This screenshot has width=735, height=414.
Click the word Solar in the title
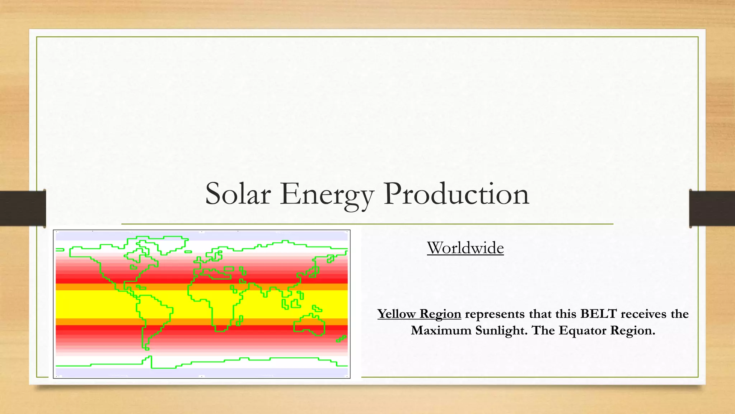(238, 194)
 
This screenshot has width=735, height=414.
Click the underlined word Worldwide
(465, 248)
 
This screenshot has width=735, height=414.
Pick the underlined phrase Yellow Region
(419, 314)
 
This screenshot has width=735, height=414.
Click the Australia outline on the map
(309, 325)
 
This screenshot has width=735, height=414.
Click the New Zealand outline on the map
(341, 339)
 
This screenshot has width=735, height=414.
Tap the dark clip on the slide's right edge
(712, 208)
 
